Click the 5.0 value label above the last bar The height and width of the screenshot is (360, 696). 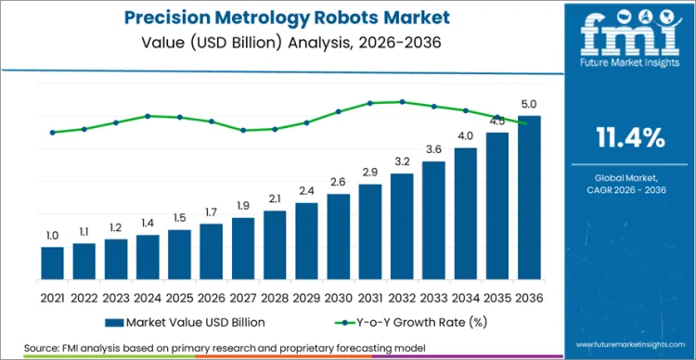tap(529, 104)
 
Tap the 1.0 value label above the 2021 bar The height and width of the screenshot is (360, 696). tap(53, 236)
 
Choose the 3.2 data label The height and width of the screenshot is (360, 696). tap(402, 161)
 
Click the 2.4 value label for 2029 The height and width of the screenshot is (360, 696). tap(306, 191)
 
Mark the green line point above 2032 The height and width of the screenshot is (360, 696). tap(402, 102)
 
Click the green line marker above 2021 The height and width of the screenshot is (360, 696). tap(53, 132)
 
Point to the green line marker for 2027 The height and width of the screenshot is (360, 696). tap(243, 130)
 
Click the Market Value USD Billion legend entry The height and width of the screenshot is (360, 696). tap(186, 322)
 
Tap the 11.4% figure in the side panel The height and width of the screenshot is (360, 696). tap(628, 139)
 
